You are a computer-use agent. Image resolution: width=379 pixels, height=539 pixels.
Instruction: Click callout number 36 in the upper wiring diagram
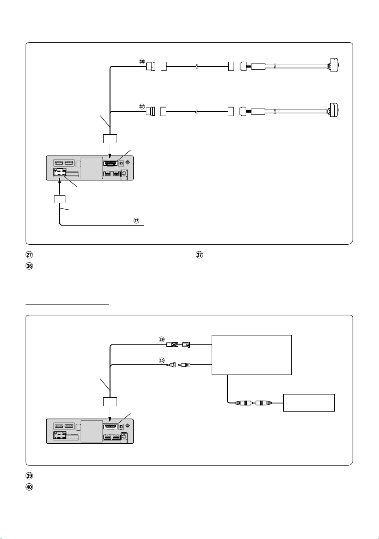[x=142, y=61]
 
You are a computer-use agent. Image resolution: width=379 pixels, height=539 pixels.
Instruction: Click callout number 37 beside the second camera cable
[x=142, y=106]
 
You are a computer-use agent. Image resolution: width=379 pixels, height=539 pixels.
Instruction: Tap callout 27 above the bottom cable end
[x=136, y=221]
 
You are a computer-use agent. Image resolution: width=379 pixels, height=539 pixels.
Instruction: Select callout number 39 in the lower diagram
[x=162, y=340]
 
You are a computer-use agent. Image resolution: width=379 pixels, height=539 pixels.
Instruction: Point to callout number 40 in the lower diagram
[x=162, y=361]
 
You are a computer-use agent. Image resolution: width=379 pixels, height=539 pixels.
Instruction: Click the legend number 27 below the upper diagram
[x=29, y=254]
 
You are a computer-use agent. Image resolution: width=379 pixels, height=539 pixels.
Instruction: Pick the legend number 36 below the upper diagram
[x=29, y=266]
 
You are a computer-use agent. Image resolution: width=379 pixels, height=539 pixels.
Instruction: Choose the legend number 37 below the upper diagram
[x=199, y=254]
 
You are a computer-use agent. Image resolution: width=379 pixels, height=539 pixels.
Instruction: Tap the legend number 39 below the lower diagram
[x=29, y=476]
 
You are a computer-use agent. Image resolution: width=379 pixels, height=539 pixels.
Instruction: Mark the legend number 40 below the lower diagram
[x=29, y=487]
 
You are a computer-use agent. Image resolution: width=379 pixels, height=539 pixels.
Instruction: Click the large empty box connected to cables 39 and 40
[x=251, y=355]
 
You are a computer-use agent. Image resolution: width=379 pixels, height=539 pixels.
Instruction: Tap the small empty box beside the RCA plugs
[x=309, y=403]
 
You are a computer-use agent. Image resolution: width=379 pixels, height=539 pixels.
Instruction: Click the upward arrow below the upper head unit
[x=59, y=188]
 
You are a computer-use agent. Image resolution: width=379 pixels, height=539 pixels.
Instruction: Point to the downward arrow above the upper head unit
[x=110, y=151]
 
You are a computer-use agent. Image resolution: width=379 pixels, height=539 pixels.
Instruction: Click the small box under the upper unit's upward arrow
[x=60, y=199]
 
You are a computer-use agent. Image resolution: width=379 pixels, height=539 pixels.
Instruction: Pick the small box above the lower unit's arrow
[x=110, y=401]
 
